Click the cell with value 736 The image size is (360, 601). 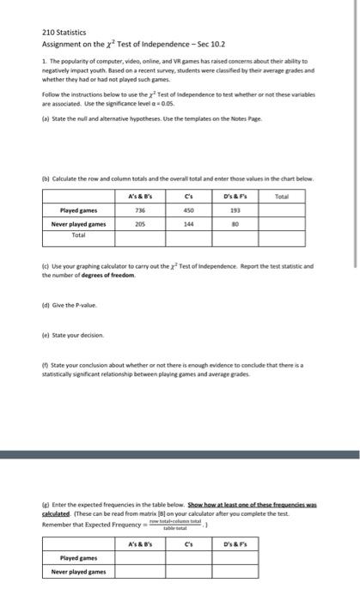click(135, 209)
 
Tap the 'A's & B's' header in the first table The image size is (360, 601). click(135, 197)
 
